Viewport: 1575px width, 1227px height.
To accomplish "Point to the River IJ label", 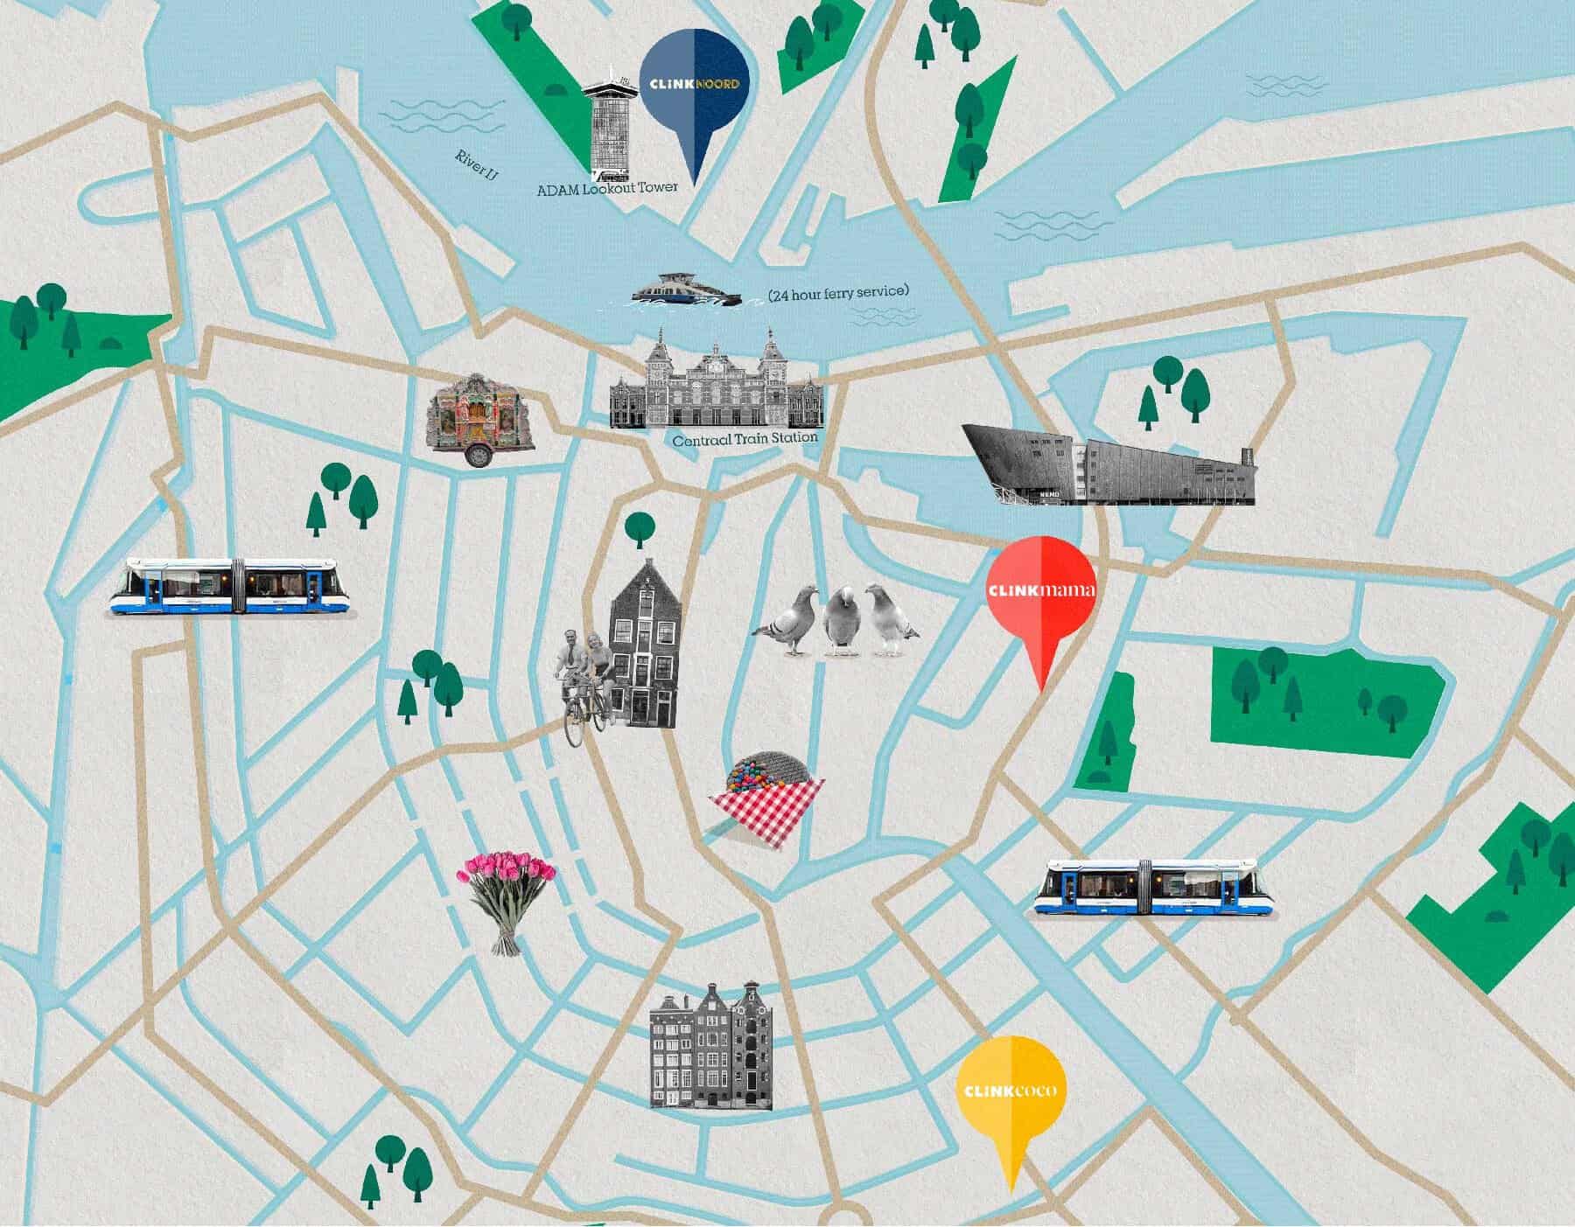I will coord(476,166).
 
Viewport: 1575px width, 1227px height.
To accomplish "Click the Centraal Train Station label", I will coord(745,439).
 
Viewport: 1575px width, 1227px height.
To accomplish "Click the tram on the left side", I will coord(232,586).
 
